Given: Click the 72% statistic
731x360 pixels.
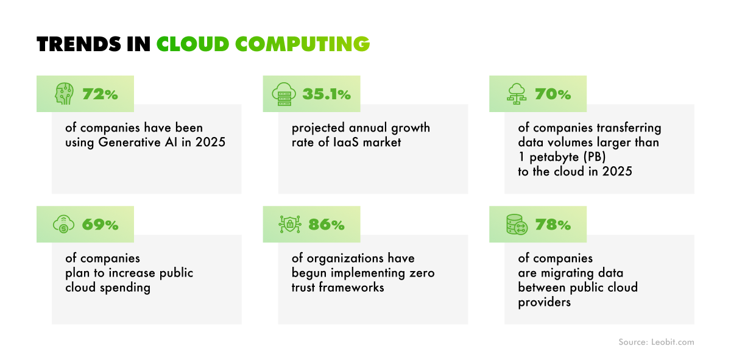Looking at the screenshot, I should coord(100,94).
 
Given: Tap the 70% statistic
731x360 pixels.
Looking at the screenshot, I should coord(553,94).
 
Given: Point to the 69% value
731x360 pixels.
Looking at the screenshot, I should coord(100,225).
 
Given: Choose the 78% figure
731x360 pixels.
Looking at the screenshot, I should coord(553,225).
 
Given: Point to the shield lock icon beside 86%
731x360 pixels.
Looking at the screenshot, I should coord(290,225).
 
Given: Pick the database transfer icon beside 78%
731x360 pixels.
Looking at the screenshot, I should coord(516,225).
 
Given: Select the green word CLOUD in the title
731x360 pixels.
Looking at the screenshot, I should coord(192,44).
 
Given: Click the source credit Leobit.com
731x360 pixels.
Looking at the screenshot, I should coord(671,342).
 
